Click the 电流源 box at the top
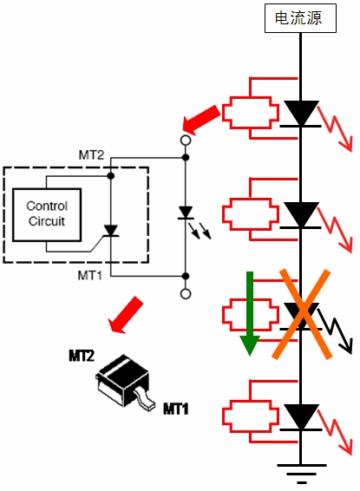pyautogui.click(x=300, y=18)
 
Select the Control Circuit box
pyautogui.click(x=47, y=215)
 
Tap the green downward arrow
pyautogui.click(x=250, y=313)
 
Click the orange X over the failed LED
pyautogui.click(x=302, y=314)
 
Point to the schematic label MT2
pyautogui.click(x=91, y=155)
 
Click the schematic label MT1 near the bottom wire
pyautogui.click(x=90, y=276)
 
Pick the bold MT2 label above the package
pyautogui.click(x=82, y=356)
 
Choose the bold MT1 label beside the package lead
pyautogui.click(x=176, y=409)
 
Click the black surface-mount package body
pyautogui.click(x=122, y=379)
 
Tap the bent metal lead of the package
pyautogui.click(x=145, y=400)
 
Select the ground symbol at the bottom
pyautogui.click(x=301, y=474)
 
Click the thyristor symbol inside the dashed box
pyautogui.click(x=110, y=231)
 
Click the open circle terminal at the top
pyautogui.click(x=186, y=141)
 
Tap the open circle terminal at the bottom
pyautogui.click(x=186, y=294)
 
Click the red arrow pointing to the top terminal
pyautogui.click(x=201, y=121)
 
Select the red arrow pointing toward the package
pyautogui.click(x=125, y=315)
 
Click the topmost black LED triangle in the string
pyautogui.click(x=301, y=113)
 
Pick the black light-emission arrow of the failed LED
pyautogui.click(x=335, y=331)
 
